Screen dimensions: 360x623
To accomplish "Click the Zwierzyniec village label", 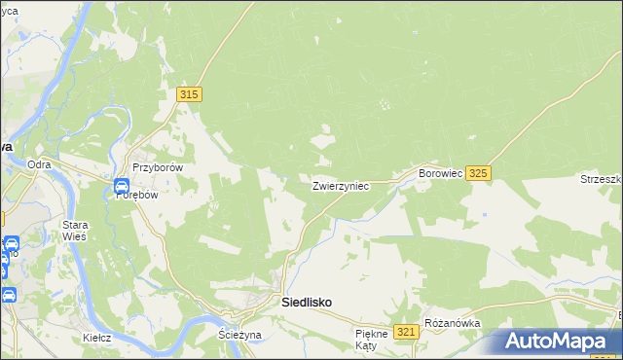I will [340, 186].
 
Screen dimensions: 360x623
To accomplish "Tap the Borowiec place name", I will [439, 173].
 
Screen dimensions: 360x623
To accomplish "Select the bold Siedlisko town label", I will [306, 303].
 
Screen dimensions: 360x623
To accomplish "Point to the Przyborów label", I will [158, 167].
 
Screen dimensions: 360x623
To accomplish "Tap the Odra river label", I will [39, 165].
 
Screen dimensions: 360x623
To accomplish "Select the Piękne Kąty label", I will [372, 340].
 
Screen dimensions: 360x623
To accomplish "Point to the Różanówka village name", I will [452, 323].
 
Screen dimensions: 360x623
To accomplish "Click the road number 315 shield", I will [190, 94].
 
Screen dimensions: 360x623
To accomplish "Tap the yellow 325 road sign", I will [477, 173].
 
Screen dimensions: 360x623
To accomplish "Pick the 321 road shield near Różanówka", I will [407, 332].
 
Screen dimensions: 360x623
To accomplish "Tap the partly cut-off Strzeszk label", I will [601, 179].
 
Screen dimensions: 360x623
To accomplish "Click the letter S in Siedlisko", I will [285, 303].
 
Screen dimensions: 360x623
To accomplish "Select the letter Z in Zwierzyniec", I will [315, 186].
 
